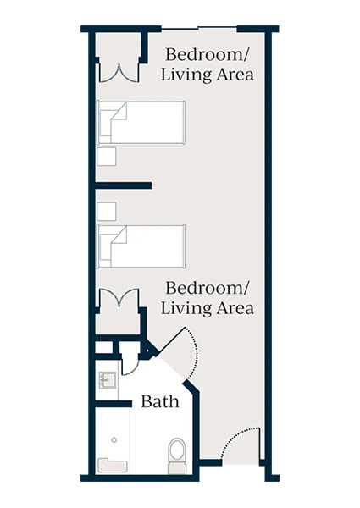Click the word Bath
[160, 400]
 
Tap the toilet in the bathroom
[177, 452]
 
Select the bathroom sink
[108, 380]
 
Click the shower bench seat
[112, 465]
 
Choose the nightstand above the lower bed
[107, 210]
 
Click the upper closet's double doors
[118, 71]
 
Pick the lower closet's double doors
[118, 300]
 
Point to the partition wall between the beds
[124, 184]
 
